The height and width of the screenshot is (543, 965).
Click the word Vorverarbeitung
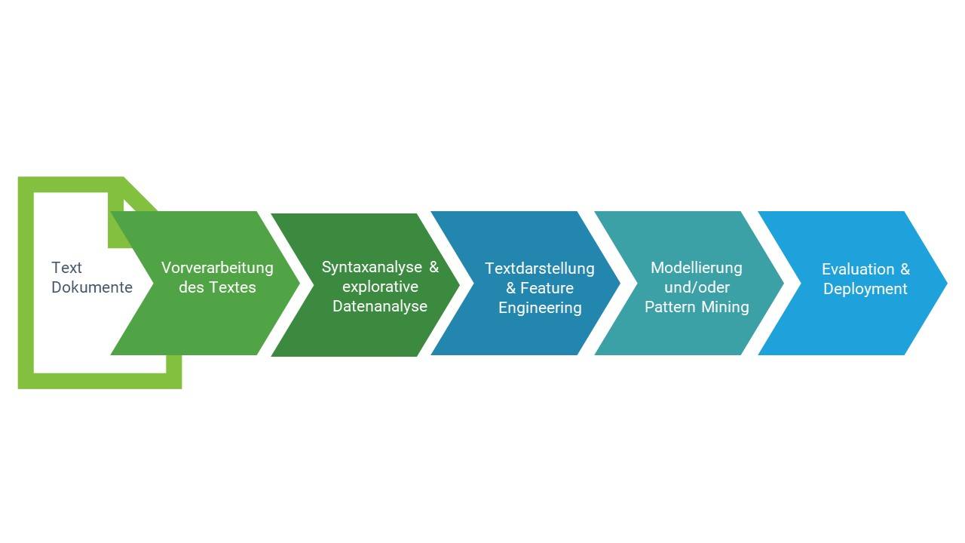pyautogui.click(x=217, y=268)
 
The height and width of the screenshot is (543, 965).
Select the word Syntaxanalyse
pyautogui.click(x=372, y=268)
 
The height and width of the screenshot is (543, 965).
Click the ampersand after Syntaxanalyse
pyautogui.click(x=433, y=267)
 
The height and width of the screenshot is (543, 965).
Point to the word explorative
pyautogui.click(x=380, y=287)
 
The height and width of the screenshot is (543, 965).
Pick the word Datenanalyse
pyautogui.click(x=380, y=306)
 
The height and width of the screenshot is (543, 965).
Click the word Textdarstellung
pyautogui.click(x=540, y=269)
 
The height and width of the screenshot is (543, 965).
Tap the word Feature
pyautogui.click(x=547, y=288)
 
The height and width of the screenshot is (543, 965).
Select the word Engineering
pyautogui.click(x=541, y=308)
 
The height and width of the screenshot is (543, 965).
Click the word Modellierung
pyautogui.click(x=697, y=268)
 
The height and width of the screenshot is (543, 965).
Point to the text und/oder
pyautogui.click(x=697, y=287)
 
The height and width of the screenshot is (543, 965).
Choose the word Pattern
pyautogui.click(x=670, y=307)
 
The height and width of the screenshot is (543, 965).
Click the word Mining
pyautogui.click(x=725, y=308)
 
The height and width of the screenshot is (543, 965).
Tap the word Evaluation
pyautogui.click(x=858, y=269)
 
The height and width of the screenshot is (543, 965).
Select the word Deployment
pyautogui.click(x=865, y=289)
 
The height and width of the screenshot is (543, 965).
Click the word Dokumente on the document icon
pyautogui.click(x=92, y=287)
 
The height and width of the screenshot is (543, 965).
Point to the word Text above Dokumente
pyautogui.click(x=66, y=268)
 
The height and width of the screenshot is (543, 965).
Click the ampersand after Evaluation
pyautogui.click(x=905, y=269)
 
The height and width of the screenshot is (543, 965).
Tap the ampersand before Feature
pyautogui.click(x=511, y=288)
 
